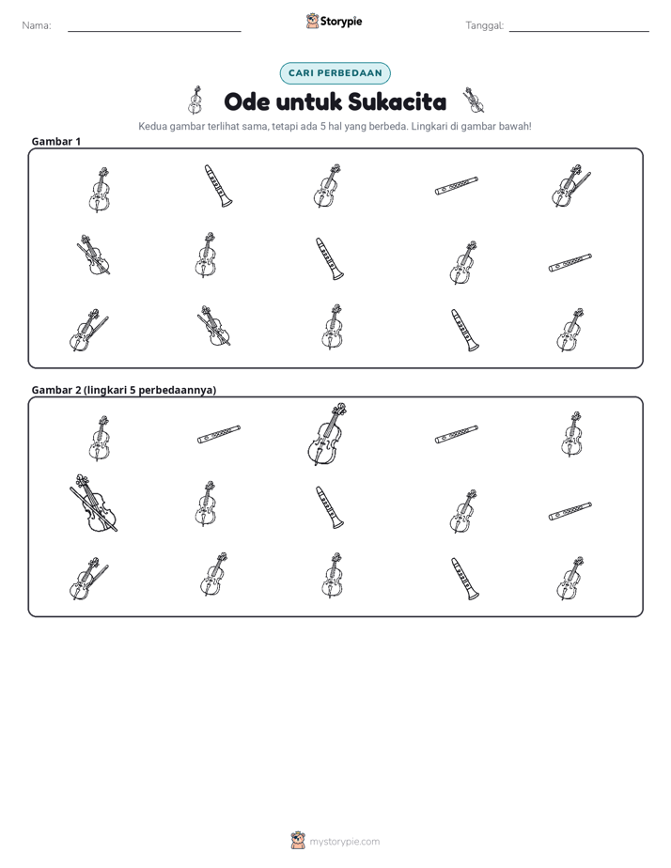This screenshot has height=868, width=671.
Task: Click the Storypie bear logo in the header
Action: pyautogui.click(x=312, y=21)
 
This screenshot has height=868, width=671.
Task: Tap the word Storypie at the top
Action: pyautogui.click(x=341, y=22)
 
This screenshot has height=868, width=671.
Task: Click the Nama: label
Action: pyautogui.click(x=37, y=25)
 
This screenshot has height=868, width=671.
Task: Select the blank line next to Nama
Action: pyautogui.click(x=154, y=31)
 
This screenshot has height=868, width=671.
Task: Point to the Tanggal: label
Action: pyautogui.click(x=485, y=25)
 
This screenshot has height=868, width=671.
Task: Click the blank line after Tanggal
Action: pyautogui.click(x=579, y=31)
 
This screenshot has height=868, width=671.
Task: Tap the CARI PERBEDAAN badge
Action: pyautogui.click(x=335, y=73)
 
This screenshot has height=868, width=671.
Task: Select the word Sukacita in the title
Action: pyautogui.click(x=398, y=101)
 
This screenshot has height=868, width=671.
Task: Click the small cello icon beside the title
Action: pyautogui.click(x=195, y=100)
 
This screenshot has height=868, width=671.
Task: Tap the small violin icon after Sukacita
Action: pyautogui.click(x=474, y=100)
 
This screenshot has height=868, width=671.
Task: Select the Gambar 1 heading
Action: pyautogui.click(x=56, y=141)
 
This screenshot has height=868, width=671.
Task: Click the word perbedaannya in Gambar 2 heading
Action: pyautogui.click(x=178, y=390)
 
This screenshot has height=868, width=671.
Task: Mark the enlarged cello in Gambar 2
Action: pyautogui.click(x=327, y=434)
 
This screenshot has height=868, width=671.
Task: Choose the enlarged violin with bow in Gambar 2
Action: pyautogui.click(x=94, y=504)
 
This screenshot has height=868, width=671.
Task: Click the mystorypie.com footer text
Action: pyautogui.click(x=344, y=842)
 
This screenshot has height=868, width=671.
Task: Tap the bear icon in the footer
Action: pyautogui.click(x=298, y=841)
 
